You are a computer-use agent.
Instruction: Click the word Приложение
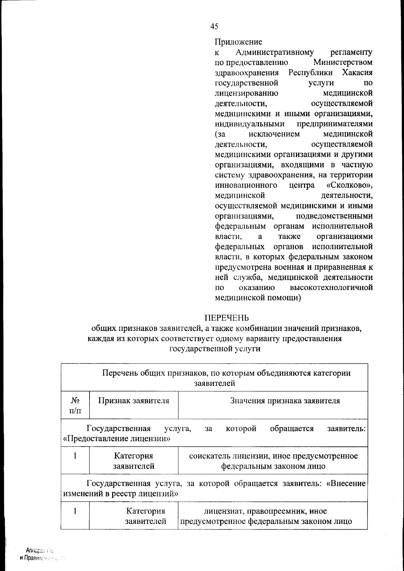coord(238,42)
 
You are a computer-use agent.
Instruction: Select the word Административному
coord(274,52)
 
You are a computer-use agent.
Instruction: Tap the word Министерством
coord(343,63)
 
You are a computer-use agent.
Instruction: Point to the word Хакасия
coord(357,73)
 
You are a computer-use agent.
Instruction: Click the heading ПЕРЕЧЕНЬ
coord(227,318)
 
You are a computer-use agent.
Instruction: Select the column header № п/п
coord(75,405)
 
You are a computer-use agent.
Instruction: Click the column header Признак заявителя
coord(134,401)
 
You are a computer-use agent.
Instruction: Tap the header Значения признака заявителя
coord(285,401)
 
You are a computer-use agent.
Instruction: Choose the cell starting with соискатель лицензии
coord(273,461)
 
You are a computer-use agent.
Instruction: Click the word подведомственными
coord(334,216)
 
